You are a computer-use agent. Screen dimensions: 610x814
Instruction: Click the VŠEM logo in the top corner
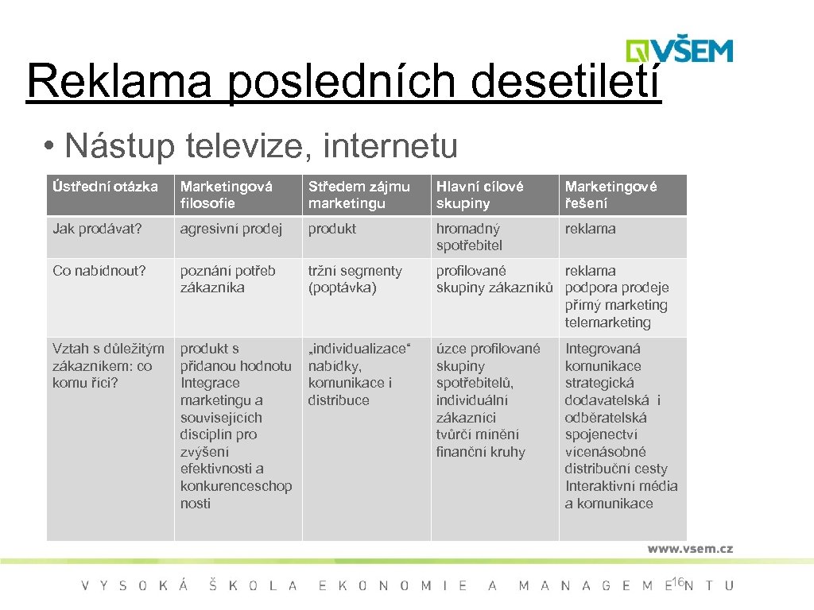coord(679,49)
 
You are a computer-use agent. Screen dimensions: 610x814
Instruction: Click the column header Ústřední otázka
coord(106,187)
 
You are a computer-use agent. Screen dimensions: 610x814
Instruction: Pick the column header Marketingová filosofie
coord(227,195)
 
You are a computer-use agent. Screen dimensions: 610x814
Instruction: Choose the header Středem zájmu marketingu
coord(359,195)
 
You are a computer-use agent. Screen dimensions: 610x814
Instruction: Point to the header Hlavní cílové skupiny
coord(479,195)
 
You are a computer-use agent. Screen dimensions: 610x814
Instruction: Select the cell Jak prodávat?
coord(97,229)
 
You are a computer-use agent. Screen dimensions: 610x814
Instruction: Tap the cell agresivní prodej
coord(231,229)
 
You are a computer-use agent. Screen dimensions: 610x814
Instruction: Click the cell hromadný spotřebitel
coord(469,237)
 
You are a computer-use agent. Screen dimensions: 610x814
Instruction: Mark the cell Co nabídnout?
coord(99,271)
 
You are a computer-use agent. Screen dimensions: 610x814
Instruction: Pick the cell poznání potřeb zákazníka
coord(228,279)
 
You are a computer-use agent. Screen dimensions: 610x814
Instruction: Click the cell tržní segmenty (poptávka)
coord(355,279)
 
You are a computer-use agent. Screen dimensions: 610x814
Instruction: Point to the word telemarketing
coord(607,322)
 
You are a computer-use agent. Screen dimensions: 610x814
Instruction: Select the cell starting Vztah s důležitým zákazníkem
coord(108,365)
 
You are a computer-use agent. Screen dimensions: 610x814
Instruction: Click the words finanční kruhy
coord(480,452)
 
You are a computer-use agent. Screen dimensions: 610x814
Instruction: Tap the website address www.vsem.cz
coord(689,548)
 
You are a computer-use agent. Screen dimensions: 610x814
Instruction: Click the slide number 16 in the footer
coord(677,583)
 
